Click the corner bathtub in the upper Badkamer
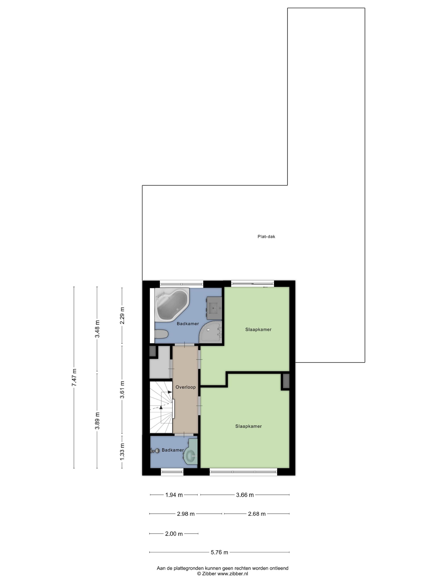pos(171,304)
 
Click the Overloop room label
pos(185,387)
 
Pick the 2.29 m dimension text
pos(122,316)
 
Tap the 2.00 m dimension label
pos(174,534)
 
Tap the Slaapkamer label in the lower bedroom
pos(248,426)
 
